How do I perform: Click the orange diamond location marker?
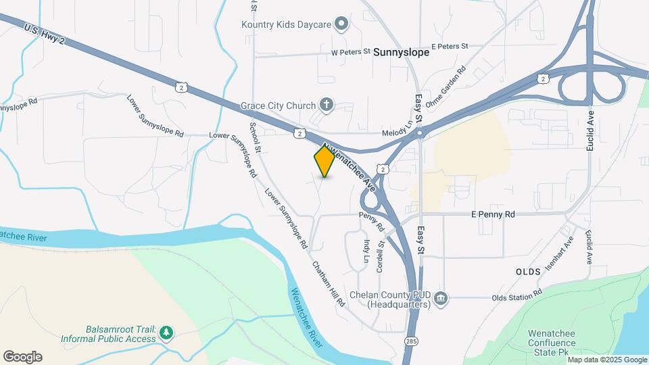tap(324, 161)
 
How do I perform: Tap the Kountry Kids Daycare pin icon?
tap(341, 25)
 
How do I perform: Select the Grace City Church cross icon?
tap(326, 105)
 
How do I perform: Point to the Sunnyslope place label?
tap(401, 51)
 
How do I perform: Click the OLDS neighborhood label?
tap(528, 271)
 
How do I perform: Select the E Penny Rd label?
tap(493, 214)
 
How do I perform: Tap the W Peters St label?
tap(351, 51)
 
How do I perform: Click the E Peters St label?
tap(450, 46)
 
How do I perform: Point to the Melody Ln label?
tap(396, 132)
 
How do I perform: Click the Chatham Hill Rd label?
tap(329, 284)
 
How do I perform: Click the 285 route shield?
tap(411, 341)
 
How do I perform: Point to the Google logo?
tap(22, 357)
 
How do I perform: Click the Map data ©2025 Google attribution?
tap(607, 360)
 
